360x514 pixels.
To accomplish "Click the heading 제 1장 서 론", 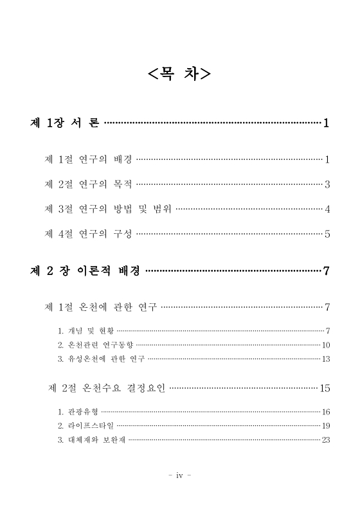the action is point(65,123).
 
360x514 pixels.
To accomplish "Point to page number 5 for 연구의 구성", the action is point(327,234).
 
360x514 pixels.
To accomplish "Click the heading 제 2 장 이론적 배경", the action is point(85,270).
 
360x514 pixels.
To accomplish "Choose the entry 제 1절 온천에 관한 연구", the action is point(101,307).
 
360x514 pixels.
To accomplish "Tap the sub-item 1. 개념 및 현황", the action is point(84,332).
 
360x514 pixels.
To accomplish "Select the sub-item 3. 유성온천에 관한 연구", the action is point(101,359).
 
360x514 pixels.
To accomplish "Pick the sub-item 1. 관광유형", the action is point(76,412).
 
